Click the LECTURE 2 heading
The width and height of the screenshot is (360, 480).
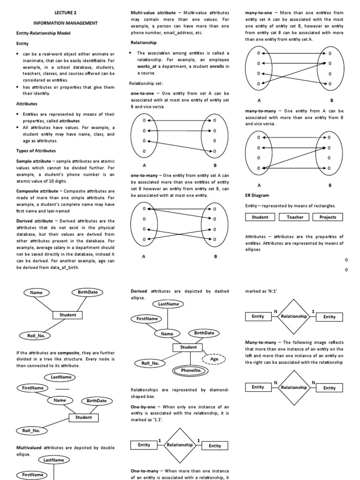tap(65, 13)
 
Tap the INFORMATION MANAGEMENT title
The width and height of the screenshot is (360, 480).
tap(65, 22)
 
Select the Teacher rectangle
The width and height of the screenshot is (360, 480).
tap(295, 217)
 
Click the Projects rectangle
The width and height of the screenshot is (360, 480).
tap(328, 217)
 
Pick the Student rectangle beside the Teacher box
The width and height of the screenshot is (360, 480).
tap(260, 217)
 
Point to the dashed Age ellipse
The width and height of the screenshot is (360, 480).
tap(214, 359)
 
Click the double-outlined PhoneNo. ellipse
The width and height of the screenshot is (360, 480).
tap(191, 371)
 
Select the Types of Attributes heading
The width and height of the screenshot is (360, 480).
tap(36, 150)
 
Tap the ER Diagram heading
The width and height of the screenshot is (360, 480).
tap(257, 195)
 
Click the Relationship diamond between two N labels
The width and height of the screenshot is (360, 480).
tap(293, 388)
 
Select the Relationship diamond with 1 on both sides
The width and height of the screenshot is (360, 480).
tap(180, 445)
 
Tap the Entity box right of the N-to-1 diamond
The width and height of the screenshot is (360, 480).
tap(330, 317)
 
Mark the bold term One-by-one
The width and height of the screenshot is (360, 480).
tap(143, 406)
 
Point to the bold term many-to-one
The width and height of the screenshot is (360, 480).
tap(259, 12)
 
